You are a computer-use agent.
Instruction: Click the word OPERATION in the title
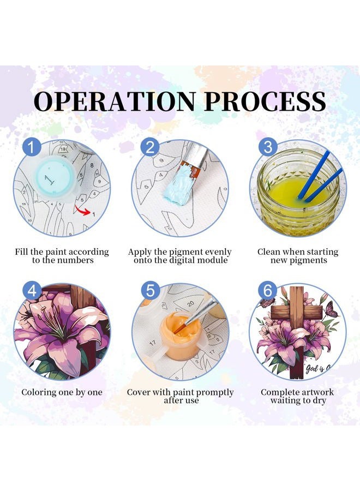tap(115, 101)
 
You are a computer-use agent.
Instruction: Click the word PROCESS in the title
tap(265, 101)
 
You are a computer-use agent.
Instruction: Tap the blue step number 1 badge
tap(32, 147)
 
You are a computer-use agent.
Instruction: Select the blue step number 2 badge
tap(150, 147)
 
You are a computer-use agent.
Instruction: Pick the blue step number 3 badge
tap(268, 147)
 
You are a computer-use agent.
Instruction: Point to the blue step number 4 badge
tap(32, 290)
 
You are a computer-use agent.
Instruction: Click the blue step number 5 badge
tap(150, 290)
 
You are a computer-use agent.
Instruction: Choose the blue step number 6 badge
tap(268, 290)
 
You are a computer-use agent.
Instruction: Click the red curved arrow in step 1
tap(82, 211)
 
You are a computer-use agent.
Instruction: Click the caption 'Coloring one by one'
tap(62, 392)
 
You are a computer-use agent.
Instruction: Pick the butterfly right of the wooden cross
tap(331, 309)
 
